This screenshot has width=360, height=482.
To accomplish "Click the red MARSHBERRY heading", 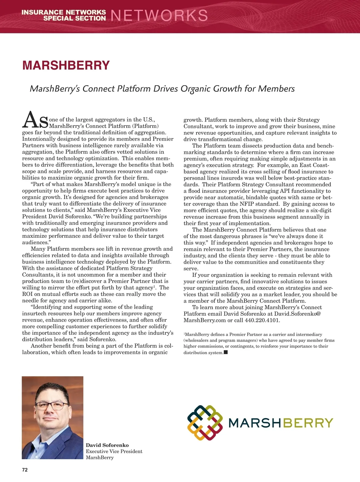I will click(x=66, y=65).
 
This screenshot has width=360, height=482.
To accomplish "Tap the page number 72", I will click(x=25, y=470).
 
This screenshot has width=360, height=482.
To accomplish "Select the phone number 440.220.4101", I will click(x=262, y=320).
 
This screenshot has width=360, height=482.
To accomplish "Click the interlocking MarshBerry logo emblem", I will click(x=205, y=423).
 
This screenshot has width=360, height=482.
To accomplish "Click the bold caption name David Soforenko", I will click(x=107, y=445).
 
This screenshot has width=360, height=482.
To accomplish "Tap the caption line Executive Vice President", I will click(x=114, y=451).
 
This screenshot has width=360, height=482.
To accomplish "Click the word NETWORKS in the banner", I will click(x=159, y=16).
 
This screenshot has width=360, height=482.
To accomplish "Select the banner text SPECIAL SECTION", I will click(x=74, y=18).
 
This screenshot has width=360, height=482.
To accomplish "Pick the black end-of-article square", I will click(x=226, y=352).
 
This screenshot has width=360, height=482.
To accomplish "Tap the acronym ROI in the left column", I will click(x=27, y=294).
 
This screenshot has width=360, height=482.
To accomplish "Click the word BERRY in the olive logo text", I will click(x=308, y=423).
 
